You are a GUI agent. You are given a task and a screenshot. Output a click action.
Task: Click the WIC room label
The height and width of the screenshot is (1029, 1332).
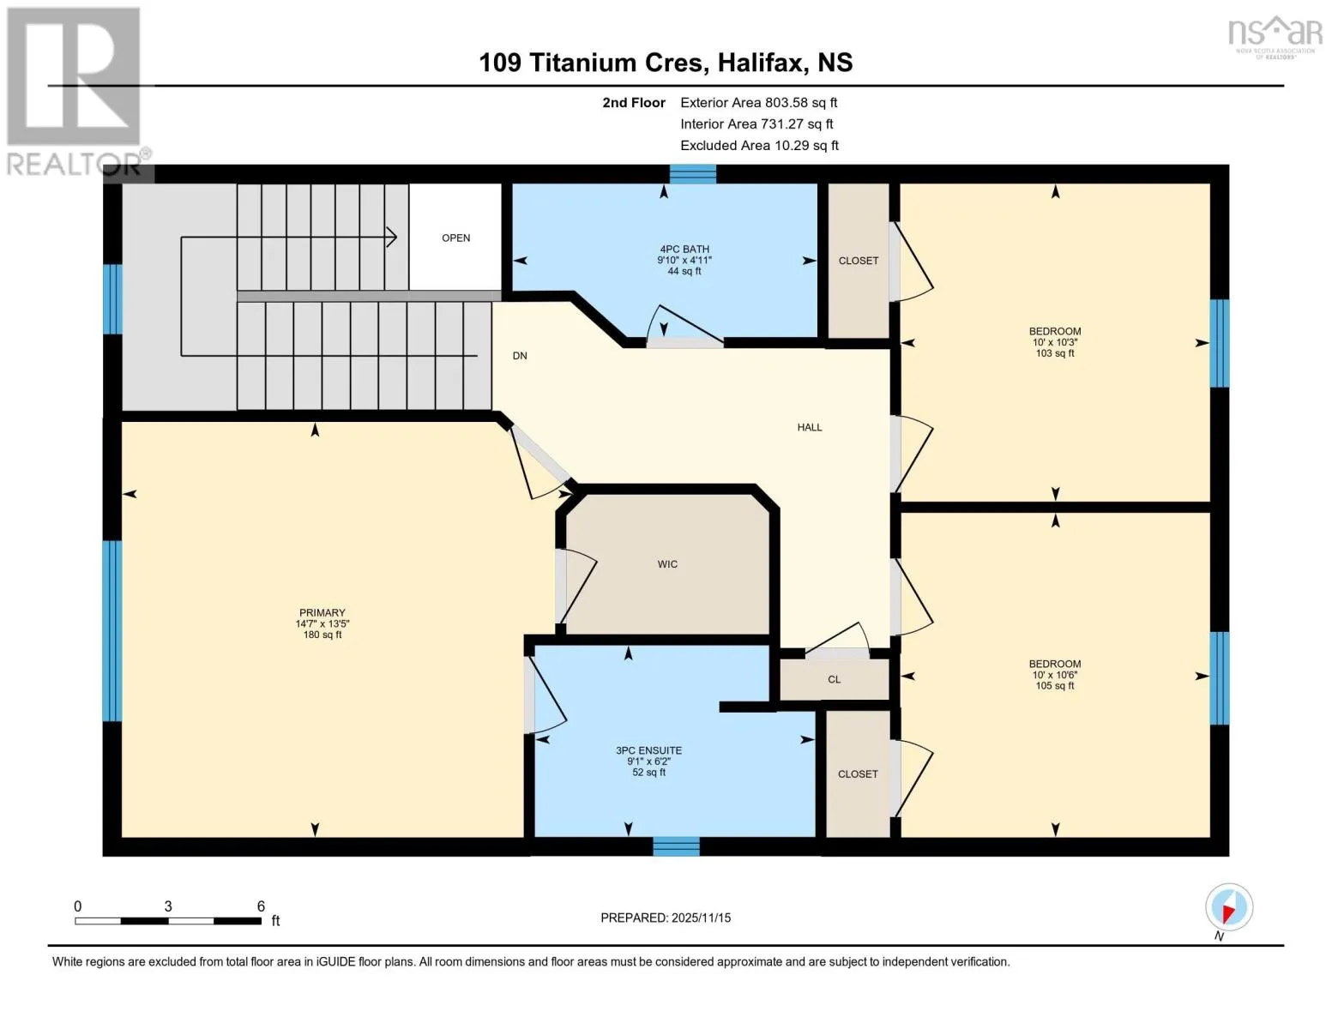667,564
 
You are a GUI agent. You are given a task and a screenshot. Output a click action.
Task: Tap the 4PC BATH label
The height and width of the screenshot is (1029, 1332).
684,249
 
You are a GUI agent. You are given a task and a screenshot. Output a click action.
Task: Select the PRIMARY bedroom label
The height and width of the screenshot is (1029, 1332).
322,613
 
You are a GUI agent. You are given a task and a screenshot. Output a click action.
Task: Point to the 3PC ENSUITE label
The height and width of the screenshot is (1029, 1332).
648,750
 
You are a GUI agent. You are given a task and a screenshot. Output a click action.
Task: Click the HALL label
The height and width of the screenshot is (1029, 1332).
810,427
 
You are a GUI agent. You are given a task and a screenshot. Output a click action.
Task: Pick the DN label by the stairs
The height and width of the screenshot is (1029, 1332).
520,356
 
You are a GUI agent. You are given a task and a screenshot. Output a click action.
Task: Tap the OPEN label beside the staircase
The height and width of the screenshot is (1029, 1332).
456,238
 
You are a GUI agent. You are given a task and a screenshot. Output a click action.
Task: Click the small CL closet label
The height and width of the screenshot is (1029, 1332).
835,679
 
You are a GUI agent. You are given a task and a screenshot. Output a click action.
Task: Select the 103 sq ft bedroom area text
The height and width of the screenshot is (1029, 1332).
1055,353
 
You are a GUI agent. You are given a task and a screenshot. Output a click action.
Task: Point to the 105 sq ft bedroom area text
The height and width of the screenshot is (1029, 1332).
1055,686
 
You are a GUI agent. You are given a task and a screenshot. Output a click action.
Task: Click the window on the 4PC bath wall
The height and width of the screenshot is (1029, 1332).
693,174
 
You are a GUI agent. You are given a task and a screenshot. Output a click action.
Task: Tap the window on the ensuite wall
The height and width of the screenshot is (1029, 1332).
676,846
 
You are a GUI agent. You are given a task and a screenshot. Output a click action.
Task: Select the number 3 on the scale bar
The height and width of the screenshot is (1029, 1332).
168,906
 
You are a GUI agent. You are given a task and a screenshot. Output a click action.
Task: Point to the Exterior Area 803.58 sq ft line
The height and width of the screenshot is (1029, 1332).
759,102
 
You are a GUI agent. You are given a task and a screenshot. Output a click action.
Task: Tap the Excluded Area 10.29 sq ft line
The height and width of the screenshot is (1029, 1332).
759,145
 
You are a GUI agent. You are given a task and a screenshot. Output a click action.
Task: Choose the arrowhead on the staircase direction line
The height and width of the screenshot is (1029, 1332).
391,238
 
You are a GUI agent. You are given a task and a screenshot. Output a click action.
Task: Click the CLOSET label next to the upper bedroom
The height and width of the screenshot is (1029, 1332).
859,261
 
